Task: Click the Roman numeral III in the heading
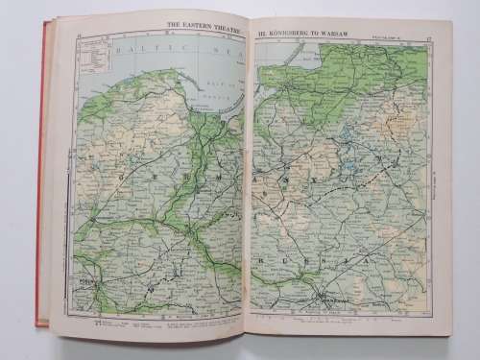click(x=258, y=32)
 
